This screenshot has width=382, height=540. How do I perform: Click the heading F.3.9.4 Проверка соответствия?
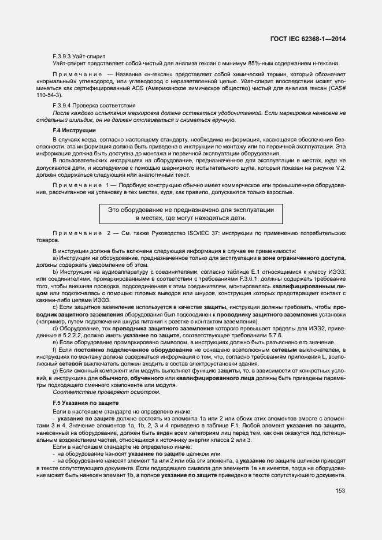tap(86, 106)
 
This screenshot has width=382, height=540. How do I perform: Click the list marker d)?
tap(55, 327)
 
